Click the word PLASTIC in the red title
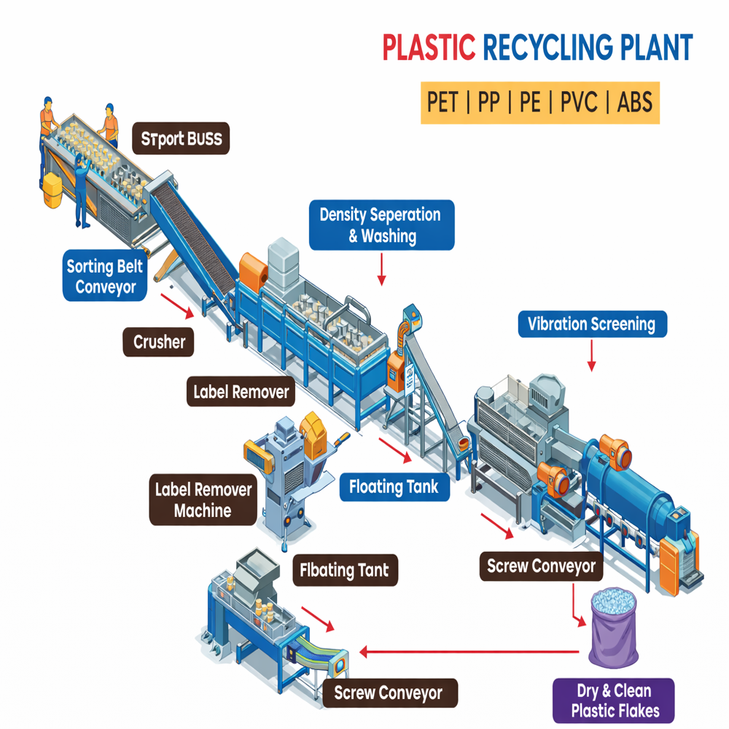(429, 49)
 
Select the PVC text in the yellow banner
(579, 102)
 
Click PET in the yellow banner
(443, 102)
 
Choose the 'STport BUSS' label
(181, 139)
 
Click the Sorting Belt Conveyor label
(105, 276)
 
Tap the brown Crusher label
(159, 341)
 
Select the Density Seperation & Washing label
(381, 225)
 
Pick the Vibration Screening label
(592, 324)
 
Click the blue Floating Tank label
(394, 486)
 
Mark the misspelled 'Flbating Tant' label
(345, 570)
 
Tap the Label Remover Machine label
(203, 499)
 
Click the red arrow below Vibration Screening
(592, 356)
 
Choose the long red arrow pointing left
(474, 652)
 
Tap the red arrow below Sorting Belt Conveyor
(177, 306)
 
